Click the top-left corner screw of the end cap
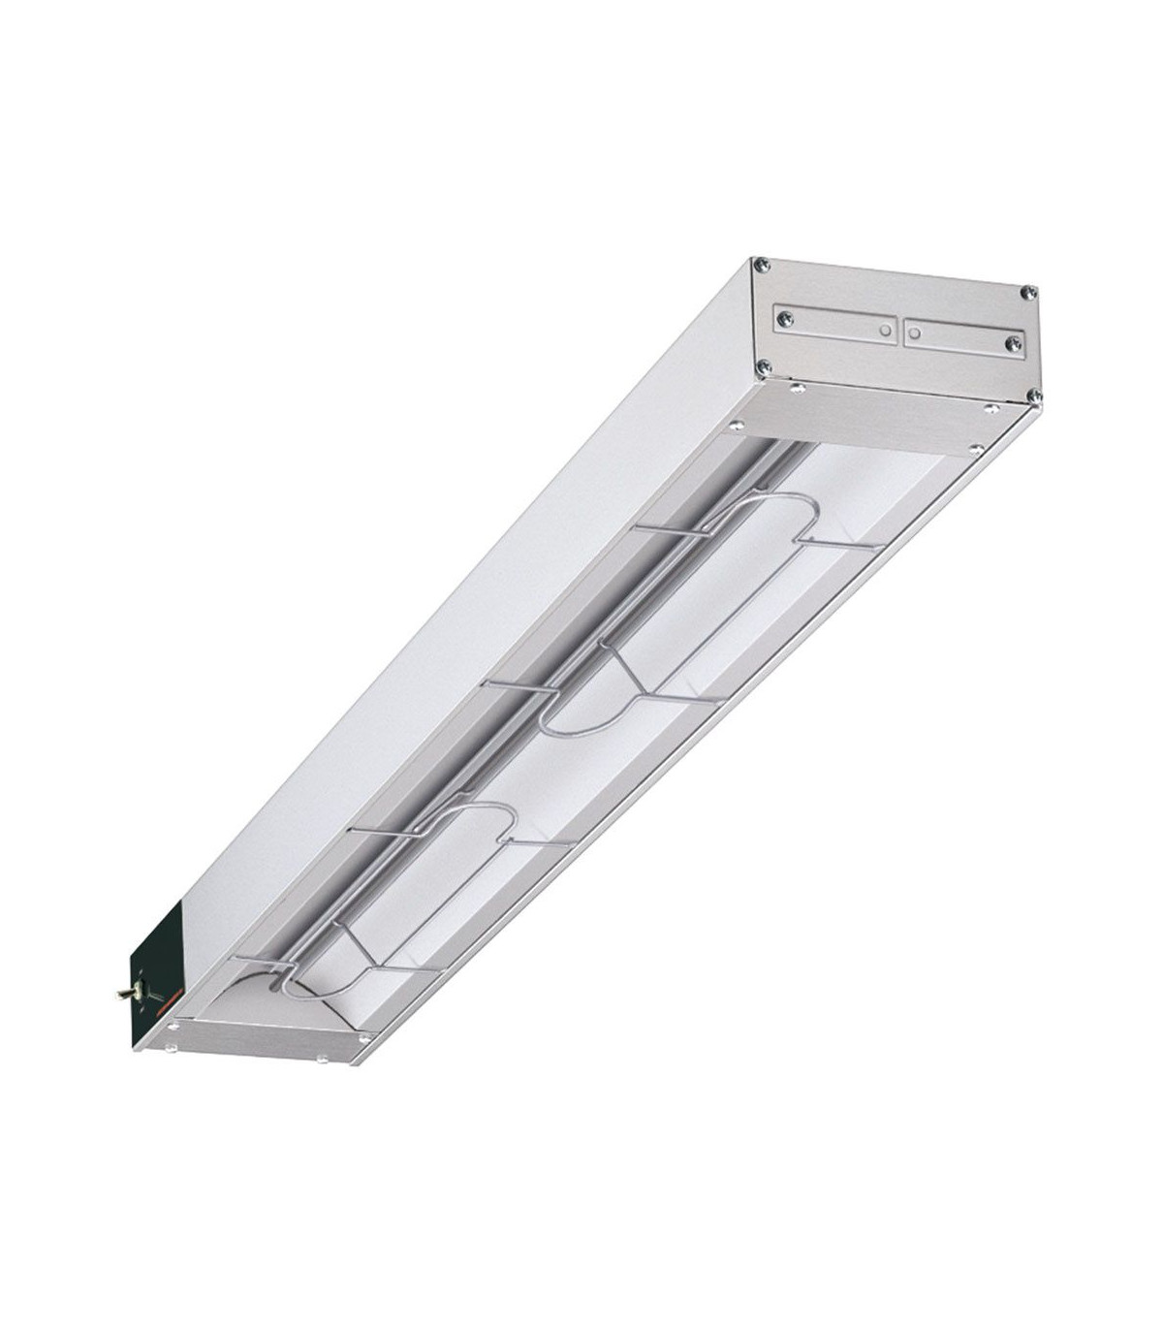point(763,264)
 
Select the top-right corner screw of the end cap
point(1031,291)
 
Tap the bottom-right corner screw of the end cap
point(1034,395)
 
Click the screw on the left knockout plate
point(786,318)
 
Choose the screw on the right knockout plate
point(1013,342)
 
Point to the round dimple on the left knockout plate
point(885,330)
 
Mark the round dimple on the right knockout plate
point(914,332)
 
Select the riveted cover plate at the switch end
point(262,1037)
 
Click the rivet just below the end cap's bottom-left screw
point(798,388)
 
